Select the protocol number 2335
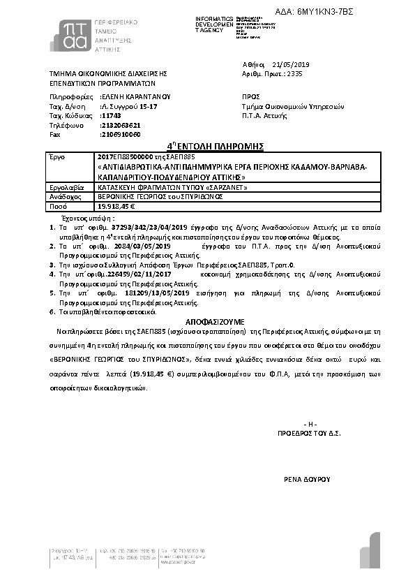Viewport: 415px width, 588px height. [x=295, y=73]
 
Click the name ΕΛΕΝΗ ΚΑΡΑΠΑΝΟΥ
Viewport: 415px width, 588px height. [x=136, y=96]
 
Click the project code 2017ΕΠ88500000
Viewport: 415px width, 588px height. [x=122, y=156]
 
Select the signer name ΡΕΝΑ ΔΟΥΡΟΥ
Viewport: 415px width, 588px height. [x=306, y=480]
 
